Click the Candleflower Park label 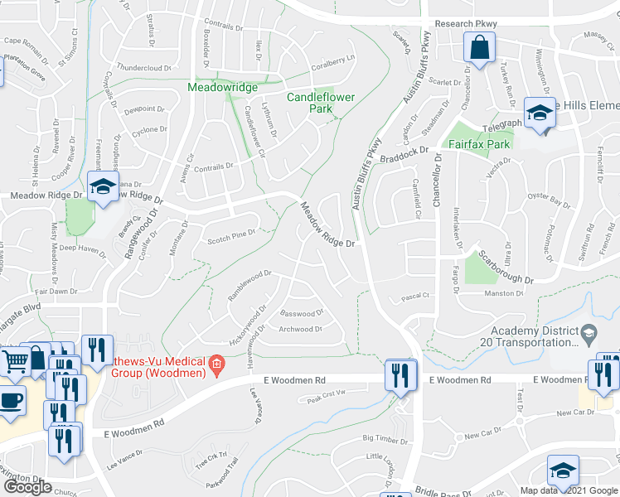(321, 103)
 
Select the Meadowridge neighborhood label (222, 87)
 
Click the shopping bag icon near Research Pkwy (480, 49)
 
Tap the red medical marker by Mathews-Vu (216, 364)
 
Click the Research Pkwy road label (459, 24)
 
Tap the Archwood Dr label (300, 329)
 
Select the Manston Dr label (504, 293)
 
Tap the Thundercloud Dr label (143, 69)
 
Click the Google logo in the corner (27, 487)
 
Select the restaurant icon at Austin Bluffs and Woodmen (400, 374)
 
